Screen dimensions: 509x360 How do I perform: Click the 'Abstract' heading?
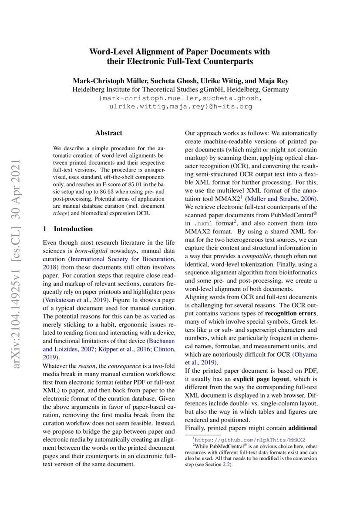tap(109, 133)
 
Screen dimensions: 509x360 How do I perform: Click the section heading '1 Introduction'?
tap(68, 229)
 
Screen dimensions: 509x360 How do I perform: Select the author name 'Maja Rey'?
tap(272, 81)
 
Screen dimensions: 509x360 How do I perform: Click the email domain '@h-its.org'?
tap(231, 106)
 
